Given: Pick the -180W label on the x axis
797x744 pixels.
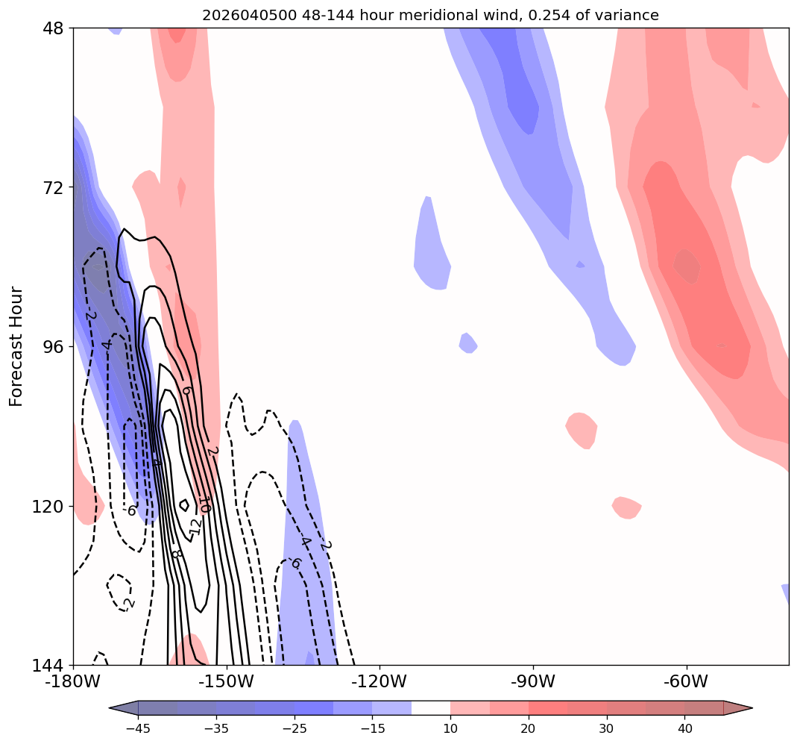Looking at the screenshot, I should click(72, 681).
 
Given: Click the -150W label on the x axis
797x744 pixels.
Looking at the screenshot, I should click(226, 681).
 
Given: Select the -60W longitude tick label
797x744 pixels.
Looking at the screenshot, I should click(686, 681).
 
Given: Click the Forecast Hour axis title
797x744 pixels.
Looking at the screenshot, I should click(16, 346).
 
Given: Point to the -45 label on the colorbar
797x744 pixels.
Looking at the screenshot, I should click(137, 728).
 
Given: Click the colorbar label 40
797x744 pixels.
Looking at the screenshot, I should click(684, 728).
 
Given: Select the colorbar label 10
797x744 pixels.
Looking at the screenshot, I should click(450, 728).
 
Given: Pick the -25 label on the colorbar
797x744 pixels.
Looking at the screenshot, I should click(294, 728).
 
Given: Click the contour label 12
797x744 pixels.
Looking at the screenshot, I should click(195, 525).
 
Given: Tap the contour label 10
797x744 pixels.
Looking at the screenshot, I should click(204, 507).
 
